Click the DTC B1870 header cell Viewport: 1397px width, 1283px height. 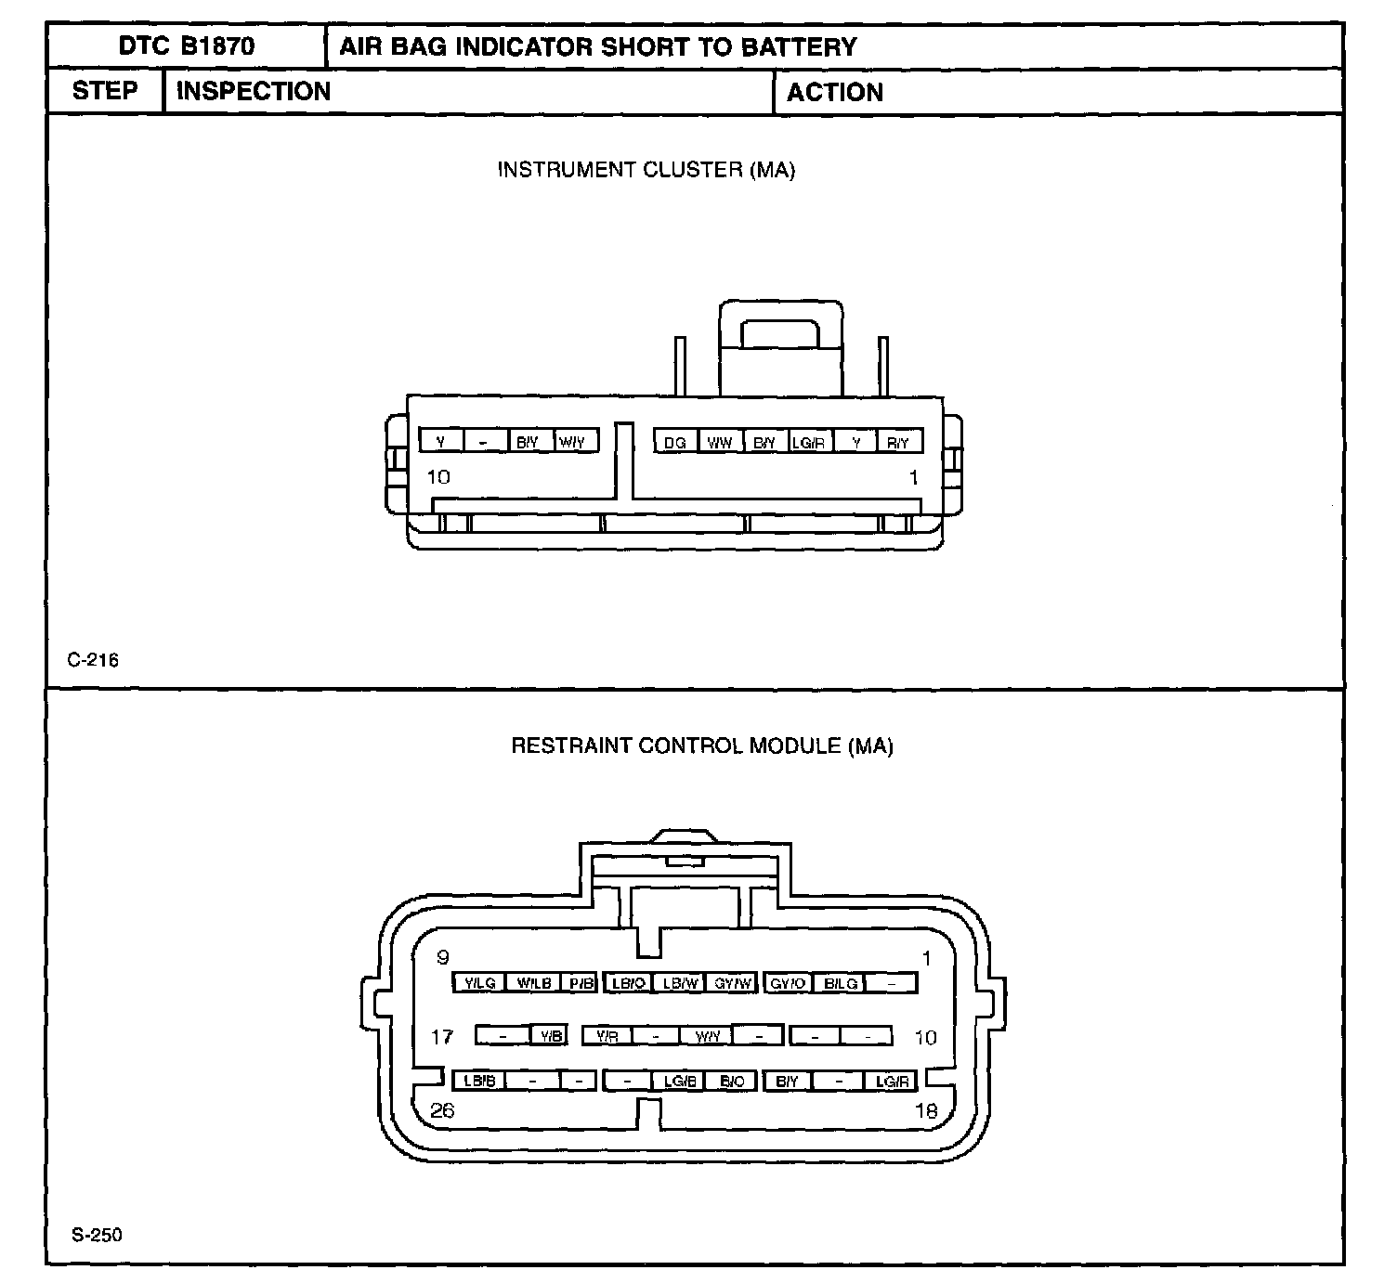(186, 46)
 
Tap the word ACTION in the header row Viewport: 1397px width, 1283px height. (834, 92)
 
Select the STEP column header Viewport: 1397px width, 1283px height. (104, 91)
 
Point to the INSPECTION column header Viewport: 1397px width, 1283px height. (253, 91)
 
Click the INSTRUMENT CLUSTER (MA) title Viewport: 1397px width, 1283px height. (646, 170)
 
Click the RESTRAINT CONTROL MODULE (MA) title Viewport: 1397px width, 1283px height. (701, 745)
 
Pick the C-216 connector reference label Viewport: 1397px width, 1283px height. (93, 660)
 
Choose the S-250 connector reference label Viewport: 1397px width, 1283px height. (97, 1235)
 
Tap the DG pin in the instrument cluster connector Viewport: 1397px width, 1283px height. (675, 443)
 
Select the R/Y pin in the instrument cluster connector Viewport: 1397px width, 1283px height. (898, 443)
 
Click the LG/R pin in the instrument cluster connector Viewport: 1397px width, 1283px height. (808, 443)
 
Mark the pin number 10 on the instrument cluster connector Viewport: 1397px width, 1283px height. (437, 477)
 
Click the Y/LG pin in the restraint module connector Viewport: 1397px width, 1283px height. (479, 983)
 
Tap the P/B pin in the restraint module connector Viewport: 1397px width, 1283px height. (581, 983)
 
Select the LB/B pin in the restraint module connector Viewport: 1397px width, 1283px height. (479, 1081)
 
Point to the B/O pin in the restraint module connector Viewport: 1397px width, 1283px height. (731, 1081)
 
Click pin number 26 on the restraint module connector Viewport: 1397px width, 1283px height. (442, 1110)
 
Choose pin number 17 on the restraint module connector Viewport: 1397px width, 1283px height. (442, 1036)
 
